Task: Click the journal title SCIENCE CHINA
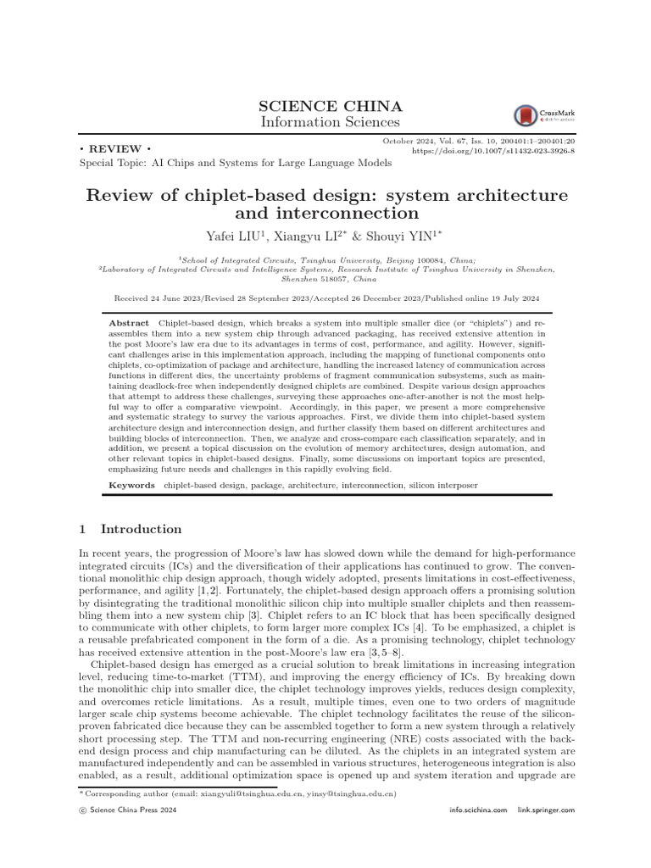coord(330,106)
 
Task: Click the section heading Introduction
coord(141,529)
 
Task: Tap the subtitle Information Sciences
coord(330,124)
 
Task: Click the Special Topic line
coord(235,162)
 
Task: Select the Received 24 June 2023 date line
coord(326,298)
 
